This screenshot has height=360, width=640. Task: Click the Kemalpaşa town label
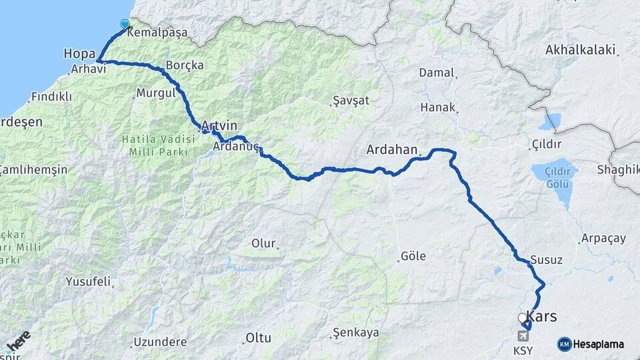coord(157,32)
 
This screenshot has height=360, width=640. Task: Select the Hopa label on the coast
coord(79,52)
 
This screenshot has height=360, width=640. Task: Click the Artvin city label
coord(219,126)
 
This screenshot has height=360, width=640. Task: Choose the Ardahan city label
coord(391,150)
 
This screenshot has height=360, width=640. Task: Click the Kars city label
coord(542,316)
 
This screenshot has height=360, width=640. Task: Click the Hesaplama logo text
coord(598,344)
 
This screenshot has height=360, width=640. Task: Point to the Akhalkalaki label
coord(580,49)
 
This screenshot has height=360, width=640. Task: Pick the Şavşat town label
coord(350,101)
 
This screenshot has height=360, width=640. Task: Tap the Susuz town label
coord(547,261)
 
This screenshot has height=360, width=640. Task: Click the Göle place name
coord(413,256)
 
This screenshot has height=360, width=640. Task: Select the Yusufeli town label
coord(88,281)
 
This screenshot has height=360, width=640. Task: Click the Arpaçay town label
coord(603,238)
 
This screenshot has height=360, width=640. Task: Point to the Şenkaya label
coord(356,332)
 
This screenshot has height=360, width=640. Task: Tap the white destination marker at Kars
coord(522,318)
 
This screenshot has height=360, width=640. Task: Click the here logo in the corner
coord(18,341)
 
